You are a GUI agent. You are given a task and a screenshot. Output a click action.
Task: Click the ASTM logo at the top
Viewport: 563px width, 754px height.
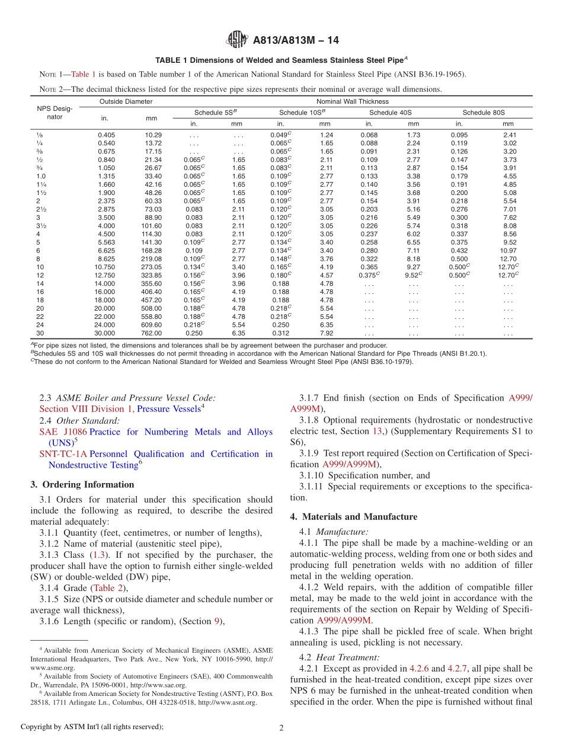pyautogui.click(x=236, y=40)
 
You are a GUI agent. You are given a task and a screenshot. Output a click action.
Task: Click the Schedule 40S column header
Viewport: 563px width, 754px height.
pyautogui.click(x=391, y=112)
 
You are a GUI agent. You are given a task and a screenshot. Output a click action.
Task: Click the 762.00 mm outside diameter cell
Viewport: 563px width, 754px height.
pyautogui.click(x=151, y=333)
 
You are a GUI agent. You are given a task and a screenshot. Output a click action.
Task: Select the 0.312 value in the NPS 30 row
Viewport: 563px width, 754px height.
pyautogui.click(x=280, y=333)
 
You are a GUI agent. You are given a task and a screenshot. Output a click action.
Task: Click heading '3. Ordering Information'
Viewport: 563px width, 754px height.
pyautogui.click(x=82, y=484)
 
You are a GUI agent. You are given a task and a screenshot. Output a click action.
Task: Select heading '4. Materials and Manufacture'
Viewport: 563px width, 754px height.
pyautogui.click(x=354, y=516)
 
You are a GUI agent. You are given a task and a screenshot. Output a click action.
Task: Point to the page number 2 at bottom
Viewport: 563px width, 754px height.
pyautogui.click(x=281, y=728)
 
